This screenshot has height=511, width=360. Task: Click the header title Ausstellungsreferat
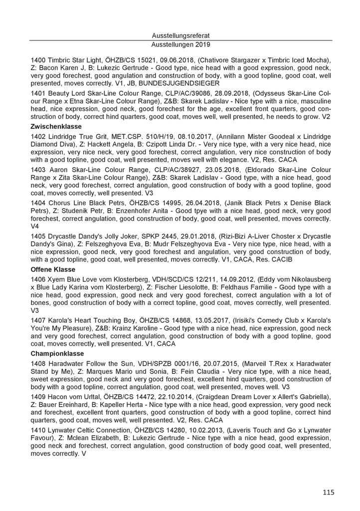pyautogui.click(x=181, y=35)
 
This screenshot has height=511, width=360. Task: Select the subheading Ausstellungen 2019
pyautogui.click(x=181, y=44)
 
